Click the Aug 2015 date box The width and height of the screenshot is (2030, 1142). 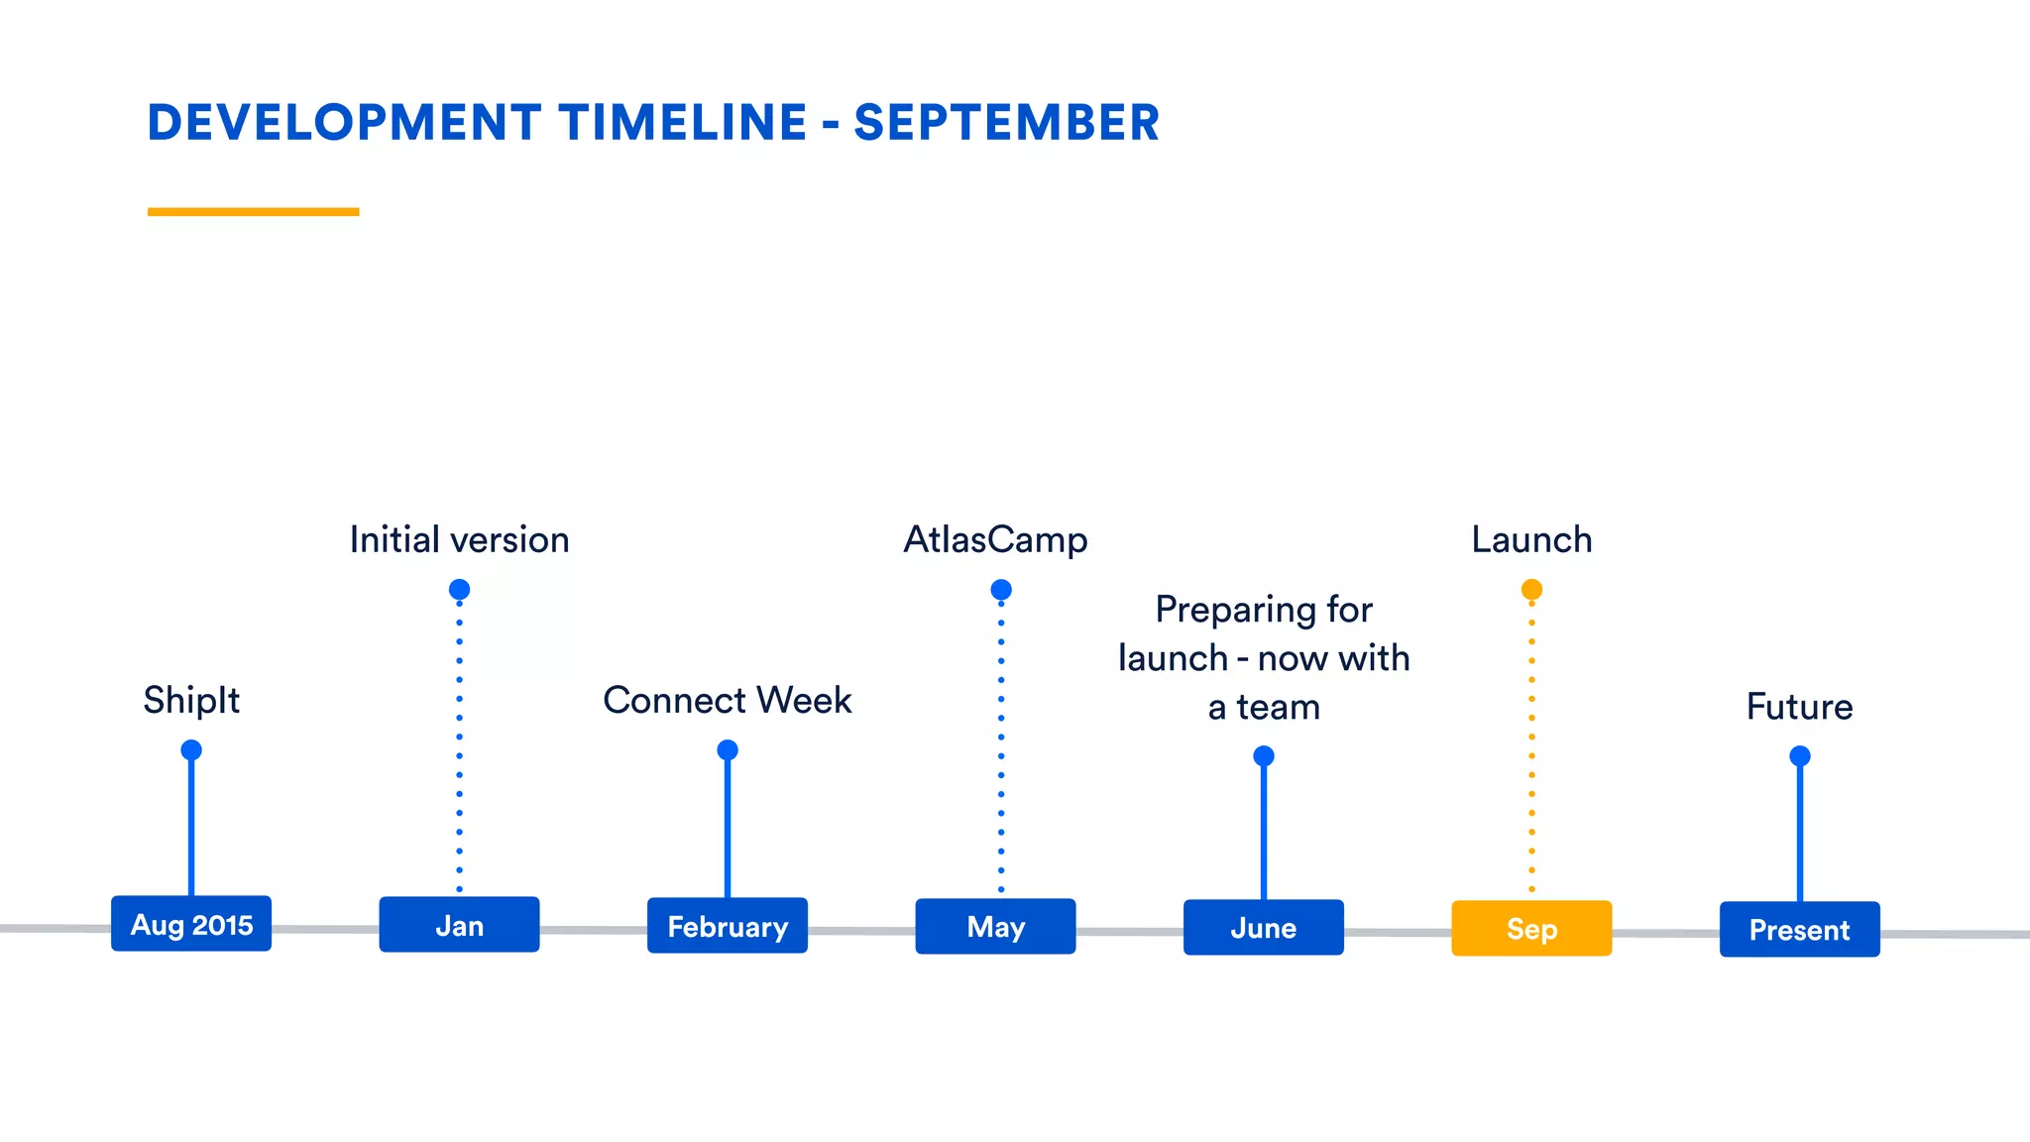point(191,924)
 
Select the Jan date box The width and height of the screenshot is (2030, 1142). point(459,925)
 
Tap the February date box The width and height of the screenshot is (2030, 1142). point(728,926)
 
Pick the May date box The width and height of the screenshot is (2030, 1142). point(995,927)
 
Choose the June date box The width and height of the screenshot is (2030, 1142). point(1264,928)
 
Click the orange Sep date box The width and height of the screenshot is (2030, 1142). point(1531,929)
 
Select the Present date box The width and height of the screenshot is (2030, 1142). point(1799,930)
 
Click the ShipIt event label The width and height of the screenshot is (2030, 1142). point(191,700)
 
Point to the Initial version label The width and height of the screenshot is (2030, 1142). point(459,540)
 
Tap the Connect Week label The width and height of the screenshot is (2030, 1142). point(728,700)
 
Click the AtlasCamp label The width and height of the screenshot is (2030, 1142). point(995,540)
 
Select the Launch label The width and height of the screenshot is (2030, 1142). point(1531,540)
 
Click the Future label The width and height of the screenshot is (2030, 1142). point(1799,707)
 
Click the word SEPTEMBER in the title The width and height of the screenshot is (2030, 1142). point(1006,123)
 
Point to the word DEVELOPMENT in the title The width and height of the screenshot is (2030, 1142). point(344,123)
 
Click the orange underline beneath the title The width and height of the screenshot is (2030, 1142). point(253,211)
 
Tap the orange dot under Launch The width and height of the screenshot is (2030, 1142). point(1531,590)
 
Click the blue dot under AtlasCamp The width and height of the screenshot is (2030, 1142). point(1001,590)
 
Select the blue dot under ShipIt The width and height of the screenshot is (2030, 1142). point(191,749)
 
